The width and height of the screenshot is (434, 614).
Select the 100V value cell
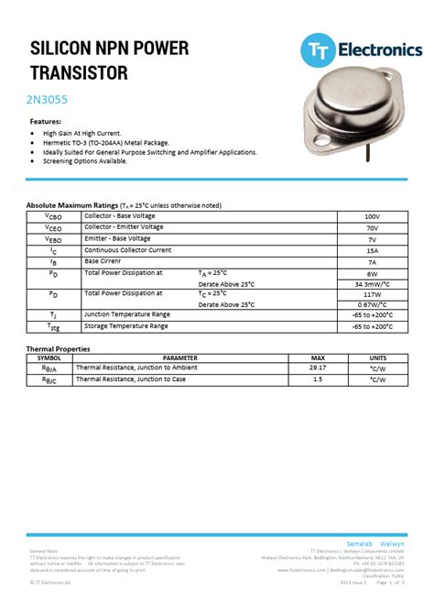point(372,215)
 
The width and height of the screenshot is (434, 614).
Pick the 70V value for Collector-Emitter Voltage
point(372,227)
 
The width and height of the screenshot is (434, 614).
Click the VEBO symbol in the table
point(54,238)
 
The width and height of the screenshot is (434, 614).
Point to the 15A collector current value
point(372,250)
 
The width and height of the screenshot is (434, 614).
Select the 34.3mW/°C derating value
point(372,284)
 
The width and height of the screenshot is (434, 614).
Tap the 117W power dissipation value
point(372,294)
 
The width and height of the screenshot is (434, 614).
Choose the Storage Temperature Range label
point(126,325)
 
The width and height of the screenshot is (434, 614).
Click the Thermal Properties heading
point(58,348)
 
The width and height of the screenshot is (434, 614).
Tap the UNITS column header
point(377,357)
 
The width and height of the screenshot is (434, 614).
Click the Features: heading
point(46,121)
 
